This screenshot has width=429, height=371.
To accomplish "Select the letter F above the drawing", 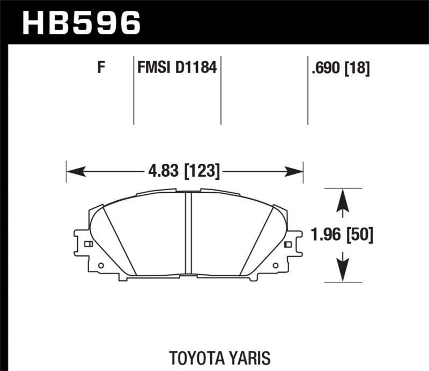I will [x=100, y=68].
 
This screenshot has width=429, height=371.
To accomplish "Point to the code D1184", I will [x=196, y=68].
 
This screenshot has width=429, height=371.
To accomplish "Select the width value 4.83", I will [x=162, y=171].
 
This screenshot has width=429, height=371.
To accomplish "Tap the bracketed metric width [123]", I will [x=202, y=171].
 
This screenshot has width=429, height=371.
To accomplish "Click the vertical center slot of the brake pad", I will [x=188, y=234].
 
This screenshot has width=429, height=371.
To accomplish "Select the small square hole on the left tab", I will [x=89, y=244].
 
